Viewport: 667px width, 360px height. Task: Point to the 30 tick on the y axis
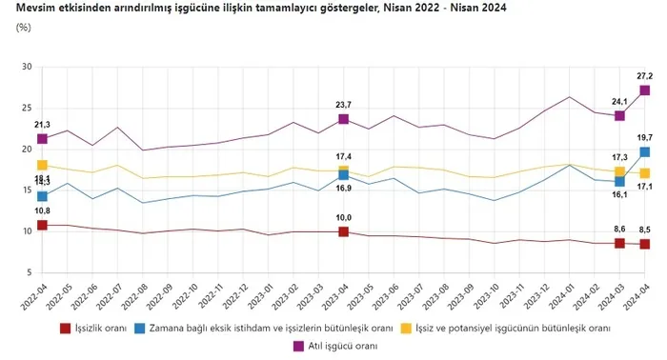pos(27,68)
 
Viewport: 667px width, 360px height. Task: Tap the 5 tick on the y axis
pos(29,272)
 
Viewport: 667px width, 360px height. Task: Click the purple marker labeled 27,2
pos(645,90)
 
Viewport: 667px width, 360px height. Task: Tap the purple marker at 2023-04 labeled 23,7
pos(343,119)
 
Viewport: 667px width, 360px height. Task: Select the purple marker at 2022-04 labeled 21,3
pos(42,139)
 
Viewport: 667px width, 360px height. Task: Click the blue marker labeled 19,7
pos(645,152)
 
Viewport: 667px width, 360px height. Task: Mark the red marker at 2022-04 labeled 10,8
pos(42,226)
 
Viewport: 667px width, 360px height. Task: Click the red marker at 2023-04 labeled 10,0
pos(343,231)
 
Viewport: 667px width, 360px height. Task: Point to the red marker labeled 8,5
pos(645,244)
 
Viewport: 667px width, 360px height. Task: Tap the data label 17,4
pos(343,156)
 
